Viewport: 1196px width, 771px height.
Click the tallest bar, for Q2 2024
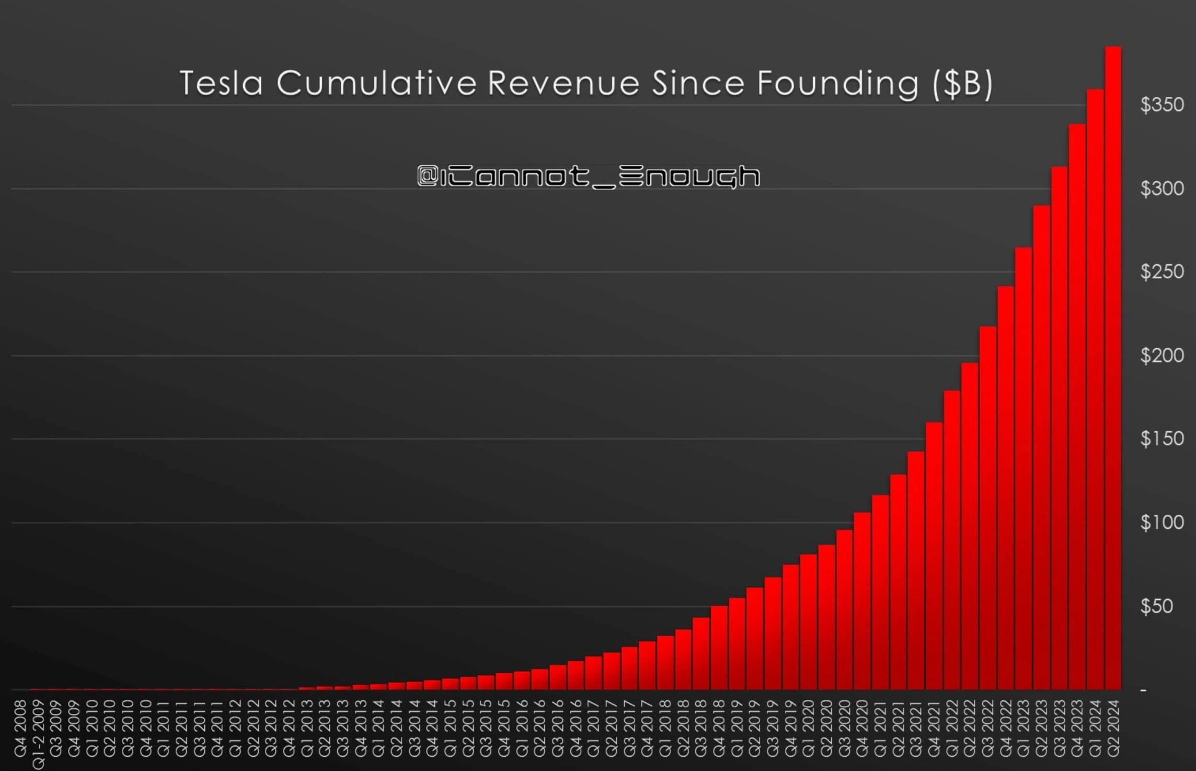(1113, 366)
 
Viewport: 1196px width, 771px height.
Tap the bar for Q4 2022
(1006, 486)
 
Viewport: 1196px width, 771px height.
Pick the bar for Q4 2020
(862, 602)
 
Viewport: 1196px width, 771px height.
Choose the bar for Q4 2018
(719, 649)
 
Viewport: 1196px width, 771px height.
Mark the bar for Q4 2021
(934, 554)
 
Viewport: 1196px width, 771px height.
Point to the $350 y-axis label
(1161, 105)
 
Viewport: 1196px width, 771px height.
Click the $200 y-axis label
(1161, 356)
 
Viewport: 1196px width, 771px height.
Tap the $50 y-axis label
(1156, 606)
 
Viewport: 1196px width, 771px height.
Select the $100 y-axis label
(1161, 523)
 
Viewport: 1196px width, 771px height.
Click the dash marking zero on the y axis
(1143, 691)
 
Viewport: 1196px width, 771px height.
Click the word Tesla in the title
(221, 83)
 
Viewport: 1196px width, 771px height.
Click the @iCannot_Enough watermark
(589, 176)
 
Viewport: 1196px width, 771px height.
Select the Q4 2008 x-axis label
(20, 729)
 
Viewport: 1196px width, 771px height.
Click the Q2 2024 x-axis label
(1113, 729)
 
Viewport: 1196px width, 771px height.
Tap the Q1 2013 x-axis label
(307, 729)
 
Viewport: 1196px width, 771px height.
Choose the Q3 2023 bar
(1059, 429)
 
